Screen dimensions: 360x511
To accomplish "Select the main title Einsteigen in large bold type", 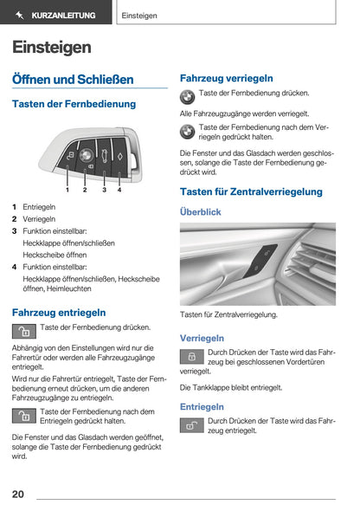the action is click(x=51, y=47).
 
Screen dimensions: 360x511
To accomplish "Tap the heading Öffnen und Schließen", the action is click(x=73, y=79).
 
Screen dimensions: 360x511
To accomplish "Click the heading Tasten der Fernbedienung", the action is click(x=74, y=104).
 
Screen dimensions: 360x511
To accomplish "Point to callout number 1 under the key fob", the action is click(x=67, y=188).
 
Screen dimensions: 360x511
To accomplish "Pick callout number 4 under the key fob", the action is click(x=119, y=188).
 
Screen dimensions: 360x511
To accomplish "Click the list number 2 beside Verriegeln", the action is click(x=15, y=219).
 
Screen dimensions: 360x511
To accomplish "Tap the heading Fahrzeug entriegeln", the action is click(x=59, y=312).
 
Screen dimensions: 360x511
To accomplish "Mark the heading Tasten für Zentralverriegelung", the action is click(x=251, y=191).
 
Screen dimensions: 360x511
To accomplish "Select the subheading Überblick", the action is click(x=200, y=211).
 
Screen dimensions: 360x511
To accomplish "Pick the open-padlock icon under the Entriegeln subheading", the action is click(x=191, y=425).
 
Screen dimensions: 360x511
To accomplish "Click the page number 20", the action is click(x=18, y=495).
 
